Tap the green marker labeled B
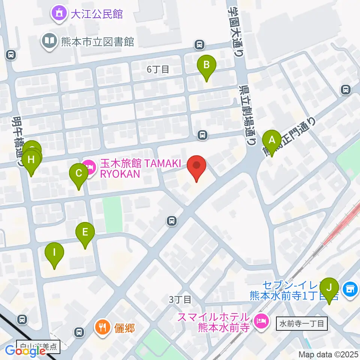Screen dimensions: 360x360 pos(207,66)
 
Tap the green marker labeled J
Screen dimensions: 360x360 pos(329,289)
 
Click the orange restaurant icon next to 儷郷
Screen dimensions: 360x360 pos(102,327)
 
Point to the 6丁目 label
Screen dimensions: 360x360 pos(158,69)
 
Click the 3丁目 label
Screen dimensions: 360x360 pos(180,299)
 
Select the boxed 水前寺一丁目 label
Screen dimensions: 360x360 pos(302,323)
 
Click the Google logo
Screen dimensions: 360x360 pos(25,351)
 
